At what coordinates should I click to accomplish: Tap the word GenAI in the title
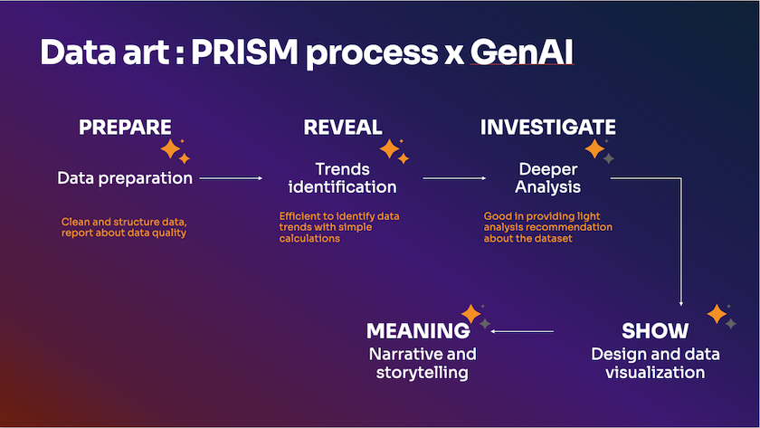520,53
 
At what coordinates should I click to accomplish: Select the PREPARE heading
125,128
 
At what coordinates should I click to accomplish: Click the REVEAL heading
343,128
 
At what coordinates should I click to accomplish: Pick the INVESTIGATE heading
547,128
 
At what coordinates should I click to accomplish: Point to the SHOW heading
655,330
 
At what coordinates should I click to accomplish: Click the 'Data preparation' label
125,178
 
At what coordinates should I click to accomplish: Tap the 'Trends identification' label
343,178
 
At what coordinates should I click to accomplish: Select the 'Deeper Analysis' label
549,178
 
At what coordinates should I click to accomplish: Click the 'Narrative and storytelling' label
422,363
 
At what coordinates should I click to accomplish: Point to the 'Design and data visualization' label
648,363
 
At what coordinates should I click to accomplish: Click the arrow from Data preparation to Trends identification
231,178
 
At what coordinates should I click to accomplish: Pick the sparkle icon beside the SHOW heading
720,315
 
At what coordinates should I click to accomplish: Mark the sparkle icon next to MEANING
474,315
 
